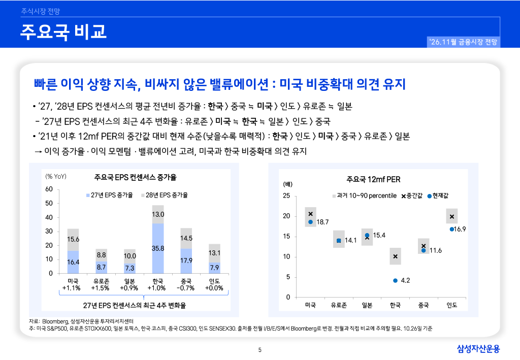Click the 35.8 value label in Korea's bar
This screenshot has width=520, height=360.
158,248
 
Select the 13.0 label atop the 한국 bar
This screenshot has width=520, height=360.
158,214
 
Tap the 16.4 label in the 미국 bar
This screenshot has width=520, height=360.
73,262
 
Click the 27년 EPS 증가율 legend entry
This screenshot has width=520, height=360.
110,195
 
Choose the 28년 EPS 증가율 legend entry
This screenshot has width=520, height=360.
165,195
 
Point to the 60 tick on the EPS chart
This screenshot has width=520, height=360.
49,189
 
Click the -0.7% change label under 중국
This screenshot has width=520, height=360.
186,288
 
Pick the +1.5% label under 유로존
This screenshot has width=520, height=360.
100,288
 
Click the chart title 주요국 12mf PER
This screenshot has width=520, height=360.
373,179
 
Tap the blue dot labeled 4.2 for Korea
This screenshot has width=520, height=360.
395,280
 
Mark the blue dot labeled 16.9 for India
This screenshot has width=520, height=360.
451,230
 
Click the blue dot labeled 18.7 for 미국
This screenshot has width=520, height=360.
310,222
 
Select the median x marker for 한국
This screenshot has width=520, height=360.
395,256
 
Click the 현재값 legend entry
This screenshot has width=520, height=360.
438,196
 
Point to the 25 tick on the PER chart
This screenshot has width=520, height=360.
286,195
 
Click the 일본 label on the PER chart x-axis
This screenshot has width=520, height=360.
367,305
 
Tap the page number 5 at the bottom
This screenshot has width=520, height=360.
260,350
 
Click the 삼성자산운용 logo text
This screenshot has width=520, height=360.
478,349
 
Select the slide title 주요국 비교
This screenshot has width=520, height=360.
63,32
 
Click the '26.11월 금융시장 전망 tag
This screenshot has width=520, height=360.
463,42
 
